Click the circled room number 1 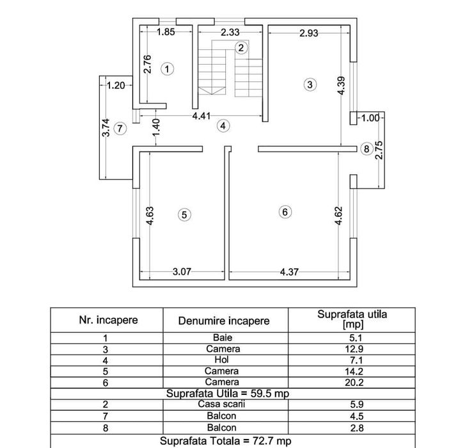[167, 69]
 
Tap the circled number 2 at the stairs [241, 48]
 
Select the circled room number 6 [285, 212]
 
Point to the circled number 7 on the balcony [120, 129]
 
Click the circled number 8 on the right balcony [367, 149]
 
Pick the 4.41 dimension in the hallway [201, 116]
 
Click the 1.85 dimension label [166, 32]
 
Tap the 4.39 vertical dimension [342, 86]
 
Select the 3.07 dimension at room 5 [182, 271]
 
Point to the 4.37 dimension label [289, 272]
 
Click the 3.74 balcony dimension [106, 127]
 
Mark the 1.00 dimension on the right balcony [370, 118]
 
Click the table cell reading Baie [223, 337]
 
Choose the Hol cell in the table [221, 360]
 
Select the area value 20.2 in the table [354, 382]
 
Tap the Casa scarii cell [221, 404]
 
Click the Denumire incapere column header [224, 321]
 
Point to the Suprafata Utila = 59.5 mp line [228, 394]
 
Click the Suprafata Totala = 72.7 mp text [226, 441]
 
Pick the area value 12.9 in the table [354, 349]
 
